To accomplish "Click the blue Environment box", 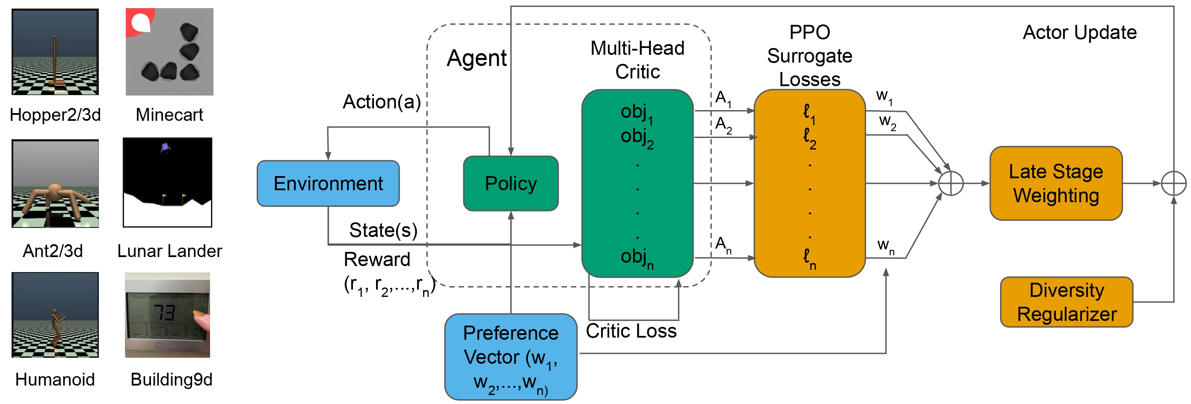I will (328, 183).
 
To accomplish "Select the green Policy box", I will (510, 183).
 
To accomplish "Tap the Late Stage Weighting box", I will (1055, 183).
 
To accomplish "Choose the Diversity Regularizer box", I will (1066, 302).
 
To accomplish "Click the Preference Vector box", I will (510, 356).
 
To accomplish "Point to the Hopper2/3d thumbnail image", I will (55, 52).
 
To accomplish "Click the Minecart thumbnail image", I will (169, 52).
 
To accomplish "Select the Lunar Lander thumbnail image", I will (167, 183).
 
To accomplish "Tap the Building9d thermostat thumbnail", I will (167, 315).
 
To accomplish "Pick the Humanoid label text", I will (55, 380).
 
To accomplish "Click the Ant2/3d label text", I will (53, 251).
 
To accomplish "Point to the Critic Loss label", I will (631, 331).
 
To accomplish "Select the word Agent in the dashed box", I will (476, 59).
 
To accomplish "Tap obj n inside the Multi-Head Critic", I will (637, 257).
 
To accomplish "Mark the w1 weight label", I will (884, 96).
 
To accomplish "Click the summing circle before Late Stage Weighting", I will (951, 183).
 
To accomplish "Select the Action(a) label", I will (382, 102).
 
